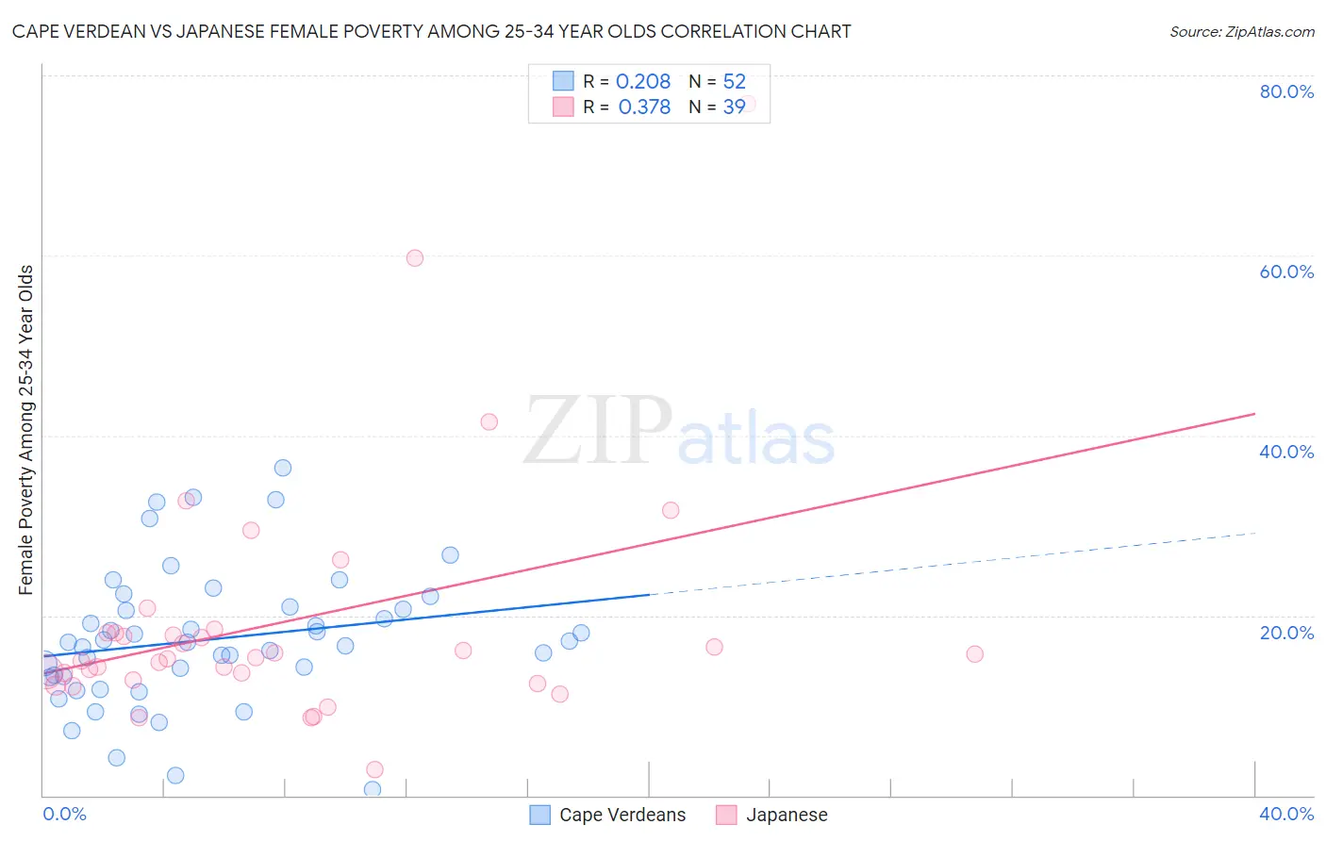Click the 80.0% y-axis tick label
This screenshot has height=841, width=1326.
point(1286,91)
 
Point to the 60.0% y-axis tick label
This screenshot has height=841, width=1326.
point(1286,272)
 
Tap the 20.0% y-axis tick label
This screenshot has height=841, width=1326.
point(1286,633)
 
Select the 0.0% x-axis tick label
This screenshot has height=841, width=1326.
point(64,814)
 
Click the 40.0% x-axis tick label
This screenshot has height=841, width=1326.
point(1286,814)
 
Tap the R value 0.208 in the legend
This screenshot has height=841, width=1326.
point(643,82)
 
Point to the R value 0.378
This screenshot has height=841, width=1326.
point(644,107)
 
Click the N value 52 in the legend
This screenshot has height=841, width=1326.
point(734,82)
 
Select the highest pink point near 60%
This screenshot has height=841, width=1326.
point(415,257)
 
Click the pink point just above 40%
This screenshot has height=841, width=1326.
point(489,421)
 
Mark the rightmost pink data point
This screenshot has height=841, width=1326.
point(975,654)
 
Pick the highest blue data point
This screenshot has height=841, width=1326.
point(283,468)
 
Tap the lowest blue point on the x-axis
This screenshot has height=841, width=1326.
point(373,789)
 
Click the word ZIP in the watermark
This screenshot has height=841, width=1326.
point(598,431)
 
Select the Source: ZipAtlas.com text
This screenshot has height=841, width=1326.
point(1241,32)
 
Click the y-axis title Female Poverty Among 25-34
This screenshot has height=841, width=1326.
point(26,430)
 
